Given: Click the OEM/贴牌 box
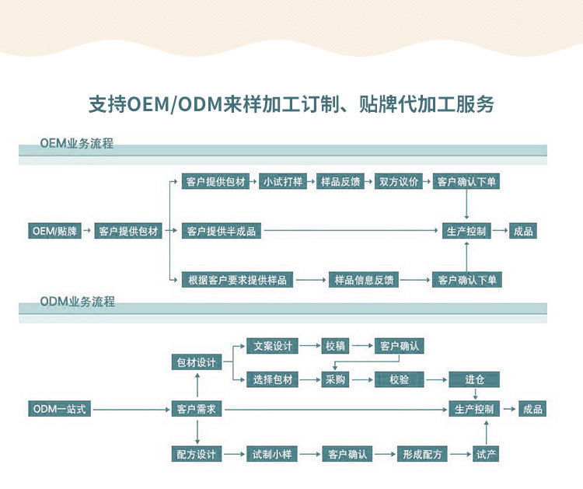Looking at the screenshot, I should point(55,231).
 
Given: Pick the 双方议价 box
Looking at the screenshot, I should point(400,182).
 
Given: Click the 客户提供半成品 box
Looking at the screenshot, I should point(221,231).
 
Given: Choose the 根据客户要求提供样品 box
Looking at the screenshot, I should point(236,280).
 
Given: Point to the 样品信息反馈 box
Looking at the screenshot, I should point(363,280).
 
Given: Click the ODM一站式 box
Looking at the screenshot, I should point(59,408).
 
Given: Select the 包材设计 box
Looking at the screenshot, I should point(196,362).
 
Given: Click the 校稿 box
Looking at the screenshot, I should point(333,346).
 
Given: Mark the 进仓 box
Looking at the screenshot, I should point(474,379).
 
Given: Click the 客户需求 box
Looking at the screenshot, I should point(196,408).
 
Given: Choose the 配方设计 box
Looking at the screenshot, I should point(196,453).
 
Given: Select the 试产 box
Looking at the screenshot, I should point(486,453).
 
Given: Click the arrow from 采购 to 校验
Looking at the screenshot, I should point(361,379).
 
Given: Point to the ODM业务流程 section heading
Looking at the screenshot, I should point(77,301).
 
